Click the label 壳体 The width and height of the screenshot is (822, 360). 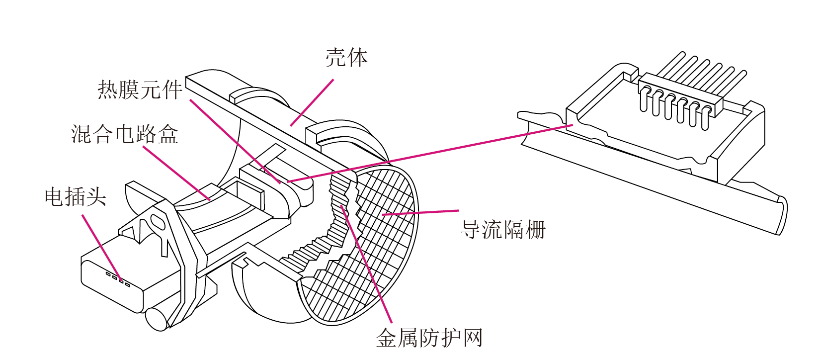click(x=346, y=58)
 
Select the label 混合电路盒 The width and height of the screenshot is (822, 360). click(x=124, y=134)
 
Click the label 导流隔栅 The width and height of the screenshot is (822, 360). click(x=503, y=230)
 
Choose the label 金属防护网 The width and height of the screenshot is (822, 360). click(x=429, y=338)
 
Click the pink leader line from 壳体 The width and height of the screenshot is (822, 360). click(x=312, y=103)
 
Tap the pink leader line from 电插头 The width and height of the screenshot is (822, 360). click(x=102, y=248)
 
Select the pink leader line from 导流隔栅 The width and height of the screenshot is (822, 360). click(x=420, y=212)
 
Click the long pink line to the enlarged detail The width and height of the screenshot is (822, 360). click(x=430, y=153)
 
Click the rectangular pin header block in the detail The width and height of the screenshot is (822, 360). click(x=680, y=94)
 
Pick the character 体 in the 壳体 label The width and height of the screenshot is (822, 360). click(x=357, y=58)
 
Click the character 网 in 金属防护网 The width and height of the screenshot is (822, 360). click(x=473, y=338)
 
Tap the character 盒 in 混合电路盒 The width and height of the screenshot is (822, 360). click(x=168, y=134)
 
